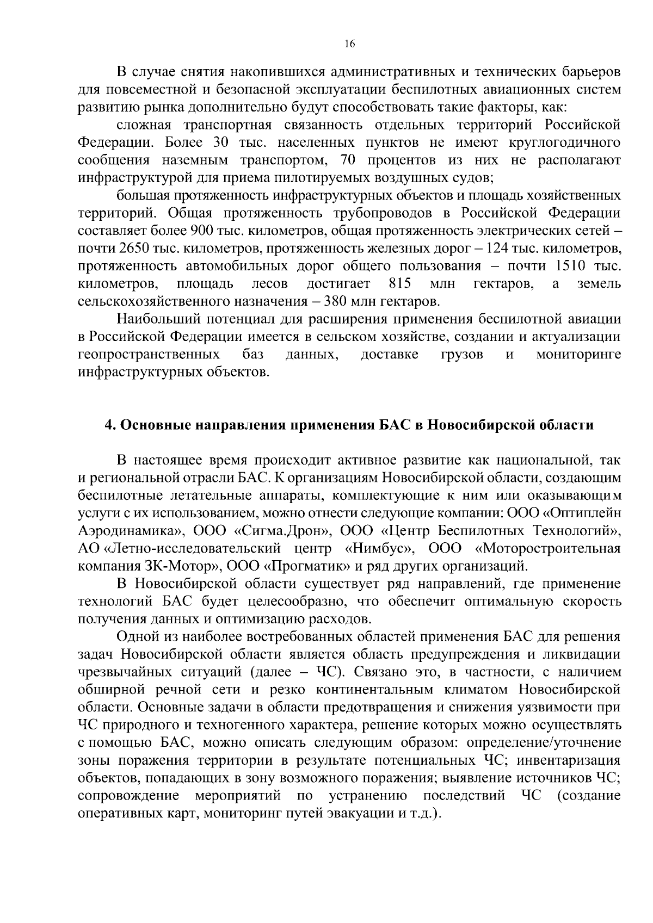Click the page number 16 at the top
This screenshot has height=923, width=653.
[349, 45]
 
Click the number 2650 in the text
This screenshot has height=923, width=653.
[130, 248]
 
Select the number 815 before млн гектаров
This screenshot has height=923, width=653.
[400, 283]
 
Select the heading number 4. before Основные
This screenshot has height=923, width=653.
[109, 425]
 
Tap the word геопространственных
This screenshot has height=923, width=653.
[149, 355]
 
